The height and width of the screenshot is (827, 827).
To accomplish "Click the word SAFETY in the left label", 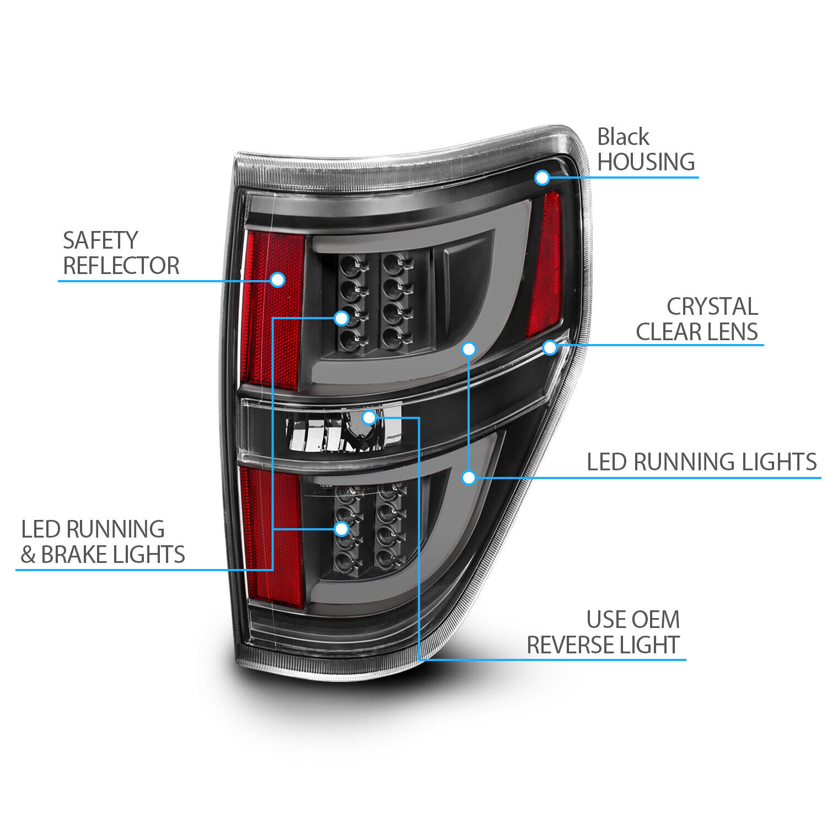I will point(100,240).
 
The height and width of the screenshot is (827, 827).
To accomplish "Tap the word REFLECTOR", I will point(121,266).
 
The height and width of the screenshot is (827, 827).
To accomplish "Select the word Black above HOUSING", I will point(623,137).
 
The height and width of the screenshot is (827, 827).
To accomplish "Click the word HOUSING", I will point(646,162).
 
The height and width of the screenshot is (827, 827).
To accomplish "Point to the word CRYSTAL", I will point(712,307).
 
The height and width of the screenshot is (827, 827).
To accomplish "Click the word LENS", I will point(734,332).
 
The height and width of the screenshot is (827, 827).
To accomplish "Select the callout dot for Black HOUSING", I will point(542,178).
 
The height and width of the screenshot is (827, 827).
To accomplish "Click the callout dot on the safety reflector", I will point(278,280).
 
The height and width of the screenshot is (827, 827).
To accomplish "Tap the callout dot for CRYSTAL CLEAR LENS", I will point(550,347).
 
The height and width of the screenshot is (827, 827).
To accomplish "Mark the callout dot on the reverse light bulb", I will point(369,417).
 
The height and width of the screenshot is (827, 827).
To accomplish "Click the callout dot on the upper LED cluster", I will point(342,318).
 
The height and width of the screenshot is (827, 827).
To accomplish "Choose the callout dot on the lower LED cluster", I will point(342,529).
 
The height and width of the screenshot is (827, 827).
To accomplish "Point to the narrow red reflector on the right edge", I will point(545,265).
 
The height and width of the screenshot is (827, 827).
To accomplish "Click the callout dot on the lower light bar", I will point(469,477).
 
